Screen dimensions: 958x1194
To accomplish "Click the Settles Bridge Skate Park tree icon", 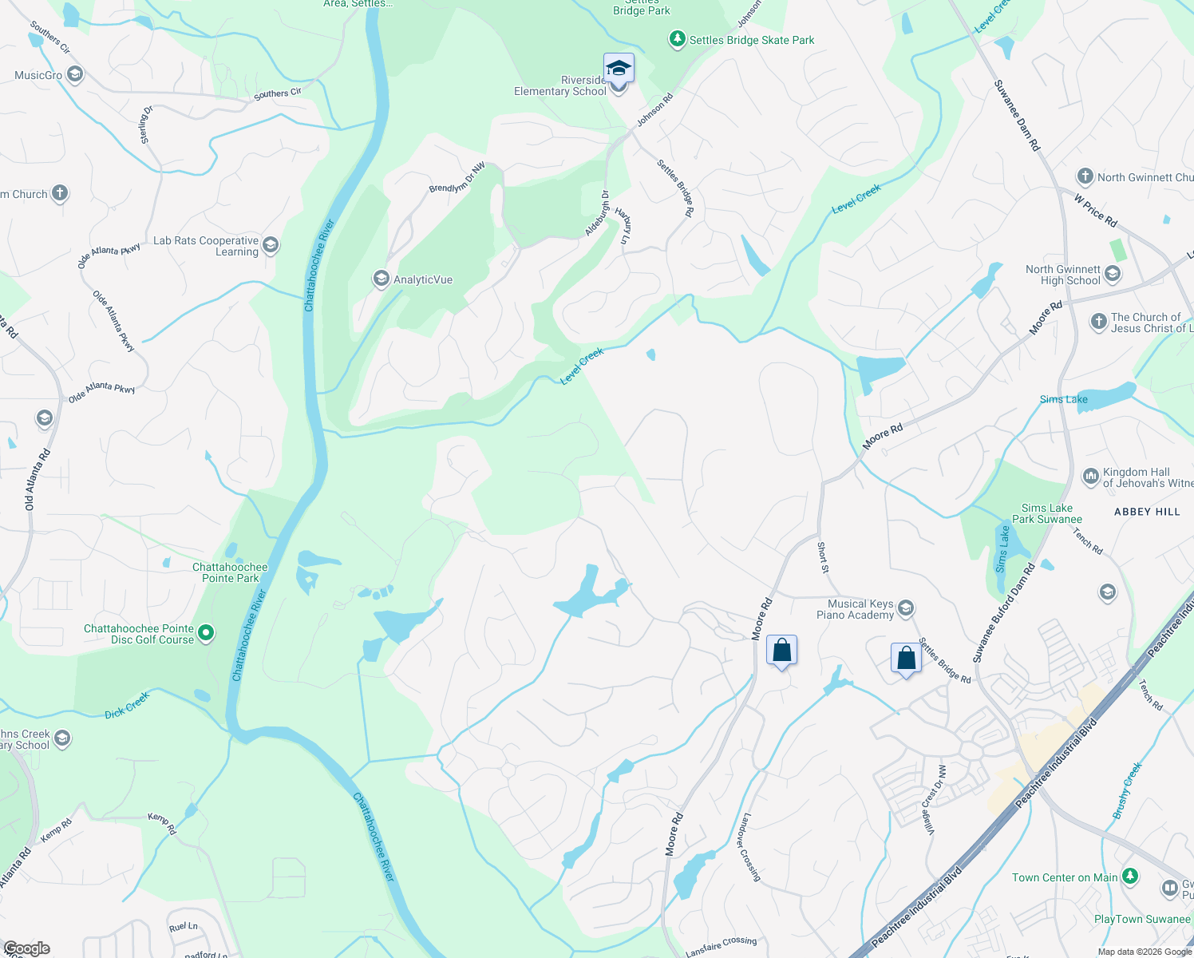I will tap(678, 39).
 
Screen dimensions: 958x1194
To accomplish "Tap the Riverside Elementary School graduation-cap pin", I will tap(619, 69).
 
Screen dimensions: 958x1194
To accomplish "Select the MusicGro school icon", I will tap(75, 75).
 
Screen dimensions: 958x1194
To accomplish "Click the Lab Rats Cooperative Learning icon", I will tap(271, 245).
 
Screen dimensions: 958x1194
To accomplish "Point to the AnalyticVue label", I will tap(423, 279).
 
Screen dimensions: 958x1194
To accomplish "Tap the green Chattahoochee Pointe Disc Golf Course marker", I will tap(206, 634).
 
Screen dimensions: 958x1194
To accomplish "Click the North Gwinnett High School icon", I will tap(1113, 275).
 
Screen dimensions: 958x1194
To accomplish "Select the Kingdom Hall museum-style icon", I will tap(1090, 477).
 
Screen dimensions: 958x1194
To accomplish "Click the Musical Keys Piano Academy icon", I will tap(906, 609).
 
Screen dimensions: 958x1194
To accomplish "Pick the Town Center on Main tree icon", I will tap(1129, 877).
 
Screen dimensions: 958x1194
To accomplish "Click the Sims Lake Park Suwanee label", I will tap(1047, 513).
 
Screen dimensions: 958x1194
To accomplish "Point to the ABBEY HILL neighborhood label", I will tap(1147, 512).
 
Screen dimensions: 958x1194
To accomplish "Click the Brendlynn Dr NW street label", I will tap(457, 178).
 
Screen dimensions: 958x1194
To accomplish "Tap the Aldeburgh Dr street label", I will tap(597, 213).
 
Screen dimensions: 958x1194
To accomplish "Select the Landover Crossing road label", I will tap(751, 847).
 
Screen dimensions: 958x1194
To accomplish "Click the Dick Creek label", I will tap(128, 705).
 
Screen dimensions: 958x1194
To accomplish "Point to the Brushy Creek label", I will tap(1128, 790).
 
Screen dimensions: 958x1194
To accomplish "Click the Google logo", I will tap(26, 948).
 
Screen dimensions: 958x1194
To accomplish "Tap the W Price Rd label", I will tap(1096, 210).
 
